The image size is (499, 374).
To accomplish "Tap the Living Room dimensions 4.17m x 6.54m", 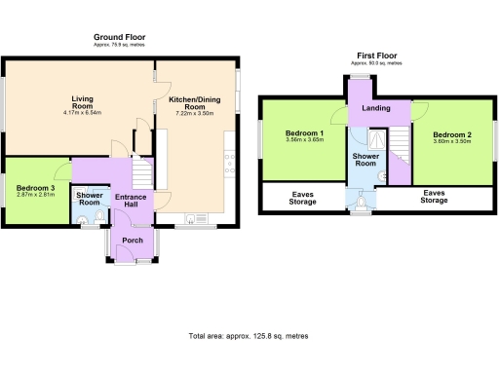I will point(82,112).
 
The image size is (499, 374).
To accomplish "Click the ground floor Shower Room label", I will point(89,200).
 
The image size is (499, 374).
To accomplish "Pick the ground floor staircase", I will point(143,174).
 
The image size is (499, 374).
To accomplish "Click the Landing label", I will point(375,107).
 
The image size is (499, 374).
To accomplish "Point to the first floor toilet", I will point(362,201).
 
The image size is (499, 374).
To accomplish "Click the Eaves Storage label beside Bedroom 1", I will point(303,198).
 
